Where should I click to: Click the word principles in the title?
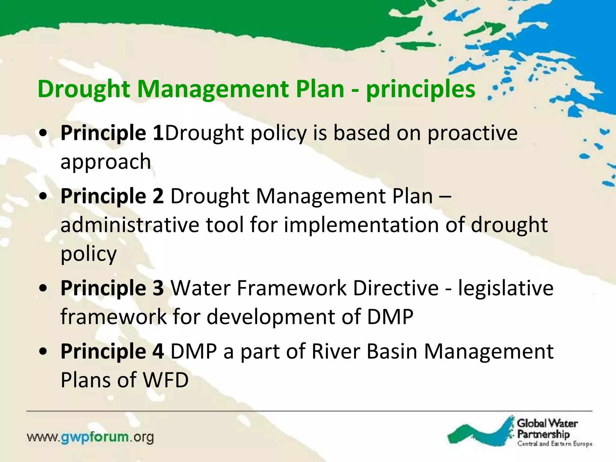tap(420, 90)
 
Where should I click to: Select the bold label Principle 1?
tap(112, 133)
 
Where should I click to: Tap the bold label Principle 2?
tap(112, 196)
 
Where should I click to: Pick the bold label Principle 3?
tap(112, 288)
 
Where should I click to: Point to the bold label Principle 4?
tap(112, 351)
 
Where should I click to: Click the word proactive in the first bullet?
tap(472, 133)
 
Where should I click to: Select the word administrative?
tap(130, 225)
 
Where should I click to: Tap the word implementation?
tap(361, 225)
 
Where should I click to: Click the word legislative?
tap(505, 288)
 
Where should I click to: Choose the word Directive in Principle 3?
tap(396, 288)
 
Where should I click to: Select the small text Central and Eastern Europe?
tap(555, 444)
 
